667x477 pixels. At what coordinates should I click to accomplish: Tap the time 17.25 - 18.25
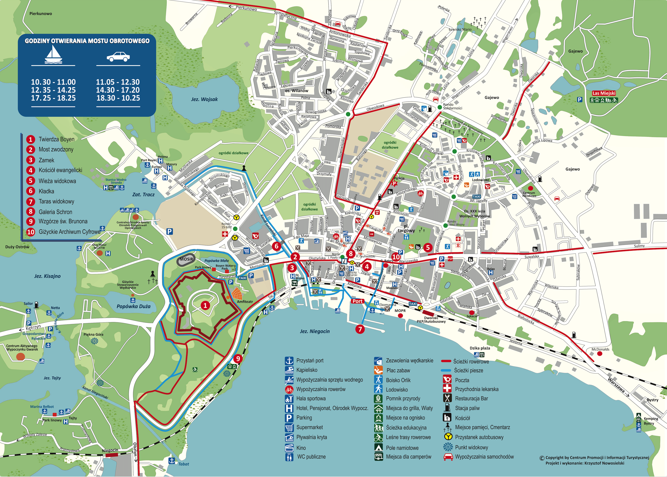53,98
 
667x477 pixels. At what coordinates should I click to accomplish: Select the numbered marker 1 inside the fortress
205,306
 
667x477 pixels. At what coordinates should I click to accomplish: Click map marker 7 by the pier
360,329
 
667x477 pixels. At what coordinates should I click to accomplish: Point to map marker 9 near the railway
238,358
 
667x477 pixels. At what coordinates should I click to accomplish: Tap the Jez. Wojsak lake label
204,99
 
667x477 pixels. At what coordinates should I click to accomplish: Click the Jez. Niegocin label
315,331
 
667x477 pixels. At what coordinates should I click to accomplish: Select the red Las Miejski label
604,93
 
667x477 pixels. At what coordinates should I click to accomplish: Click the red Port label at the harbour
357,301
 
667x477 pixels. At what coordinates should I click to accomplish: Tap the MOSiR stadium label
187,259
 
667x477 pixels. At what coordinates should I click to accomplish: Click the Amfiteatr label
245,302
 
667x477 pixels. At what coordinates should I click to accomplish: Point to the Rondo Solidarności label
452,106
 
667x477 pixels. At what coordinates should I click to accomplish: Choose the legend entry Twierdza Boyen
56,139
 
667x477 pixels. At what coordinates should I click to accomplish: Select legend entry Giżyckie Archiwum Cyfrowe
69,232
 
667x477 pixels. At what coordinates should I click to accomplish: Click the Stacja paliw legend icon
447,408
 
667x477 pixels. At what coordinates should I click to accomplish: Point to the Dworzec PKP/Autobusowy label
431,320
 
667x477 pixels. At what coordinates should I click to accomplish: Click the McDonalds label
600,349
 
